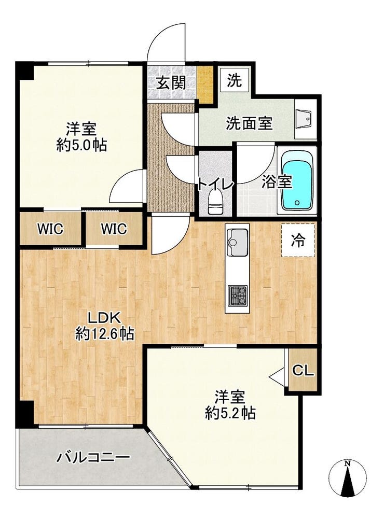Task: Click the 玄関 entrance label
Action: pyautogui.click(x=171, y=82)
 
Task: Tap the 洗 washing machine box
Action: pyautogui.click(x=235, y=81)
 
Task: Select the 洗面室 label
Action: pyautogui.click(x=249, y=123)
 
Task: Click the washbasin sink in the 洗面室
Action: pyautogui.click(x=305, y=118)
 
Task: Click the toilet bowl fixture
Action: pyautogui.click(x=215, y=201)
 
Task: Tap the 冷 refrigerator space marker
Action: pyautogui.click(x=298, y=240)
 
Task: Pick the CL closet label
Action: pyautogui.click(x=303, y=371)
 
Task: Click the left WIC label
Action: pyautogui.click(x=51, y=229)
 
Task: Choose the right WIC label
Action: pyautogui.click(x=114, y=229)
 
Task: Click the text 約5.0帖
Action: pyautogui.click(x=81, y=146)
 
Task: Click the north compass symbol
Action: pyautogui.click(x=348, y=477)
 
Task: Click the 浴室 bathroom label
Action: pyautogui.click(x=277, y=182)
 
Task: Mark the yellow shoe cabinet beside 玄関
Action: pyautogui.click(x=207, y=83)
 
